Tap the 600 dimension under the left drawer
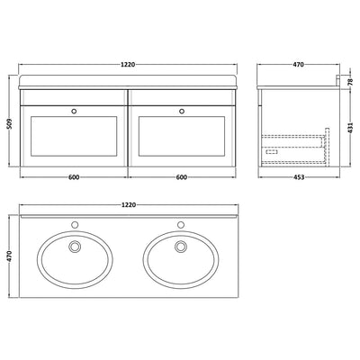pos(75,177)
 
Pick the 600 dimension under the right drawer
pos(183,177)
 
